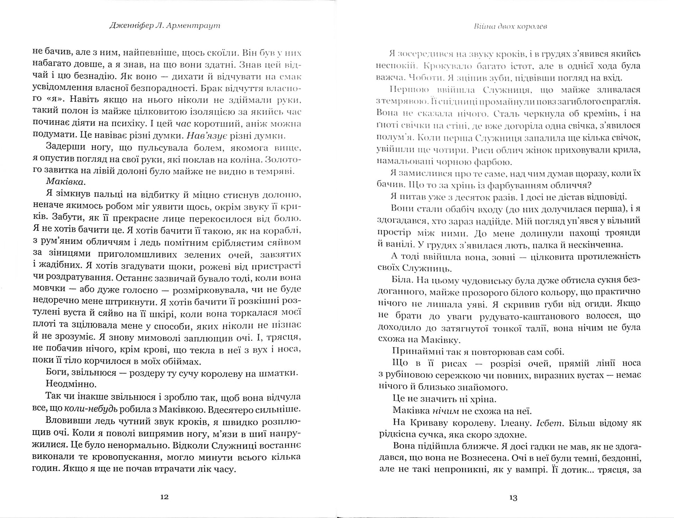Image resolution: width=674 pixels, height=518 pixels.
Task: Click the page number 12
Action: [x=165, y=497]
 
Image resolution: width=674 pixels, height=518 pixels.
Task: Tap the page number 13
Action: [x=513, y=498]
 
